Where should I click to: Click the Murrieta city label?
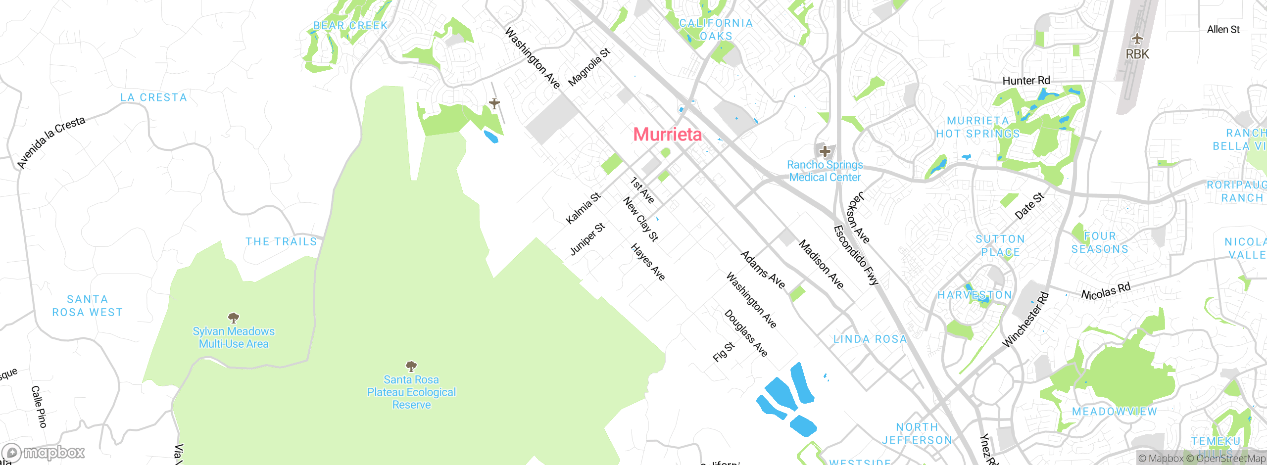(667, 135)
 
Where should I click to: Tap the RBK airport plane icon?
(1137, 39)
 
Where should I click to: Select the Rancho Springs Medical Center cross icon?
(825, 151)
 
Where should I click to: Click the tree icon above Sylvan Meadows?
(233, 317)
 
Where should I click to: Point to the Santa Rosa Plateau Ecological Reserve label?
(411, 392)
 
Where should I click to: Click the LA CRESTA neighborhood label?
(154, 97)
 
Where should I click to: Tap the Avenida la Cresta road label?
(51, 142)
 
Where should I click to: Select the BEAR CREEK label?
(350, 25)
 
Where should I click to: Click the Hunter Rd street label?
(1026, 81)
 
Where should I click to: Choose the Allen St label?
(1223, 30)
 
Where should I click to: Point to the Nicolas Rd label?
(1106, 291)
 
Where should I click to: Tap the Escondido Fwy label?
(855, 255)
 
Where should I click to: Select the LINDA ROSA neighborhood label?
(870, 339)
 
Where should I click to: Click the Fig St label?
(724, 352)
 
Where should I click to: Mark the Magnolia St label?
(589, 67)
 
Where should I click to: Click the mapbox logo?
(44, 452)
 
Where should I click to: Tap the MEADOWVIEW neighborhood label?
(1114, 412)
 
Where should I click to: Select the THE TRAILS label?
(281, 241)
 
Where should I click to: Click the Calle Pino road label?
(39, 407)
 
